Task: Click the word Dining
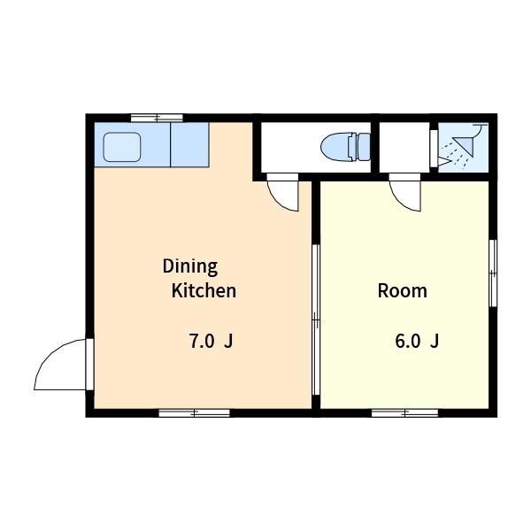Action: pyautogui.click(x=190, y=267)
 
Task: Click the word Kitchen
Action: pyautogui.click(x=204, y=291)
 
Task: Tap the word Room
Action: pyautogui.click(x=403, y=291)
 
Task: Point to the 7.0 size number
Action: pyautogui.click(x=202, y=341)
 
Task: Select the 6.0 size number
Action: pyautogui.click(x=408, y=341)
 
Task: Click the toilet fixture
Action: pyautogui.click(x=345, y=147)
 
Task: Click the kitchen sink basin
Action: pyautogui.click(x=122, y=147)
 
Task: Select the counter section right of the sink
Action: pyautogui.click(x=189, y=144)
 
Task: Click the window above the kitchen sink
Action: pyautogui.click(x=157, y=118)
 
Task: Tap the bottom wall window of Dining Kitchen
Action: pyautogui.click(x=195, y=412)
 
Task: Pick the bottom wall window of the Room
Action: pyautogui.click(x=405, y=412)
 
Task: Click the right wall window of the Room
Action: pyautogui.click(x=493, y=273)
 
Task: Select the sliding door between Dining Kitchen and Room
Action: pyautogui.click(x=316, y=319)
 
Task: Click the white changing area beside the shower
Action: pyautogui.click(x=404, y=147)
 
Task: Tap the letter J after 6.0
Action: pyautogui.click(x=435, y=341)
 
